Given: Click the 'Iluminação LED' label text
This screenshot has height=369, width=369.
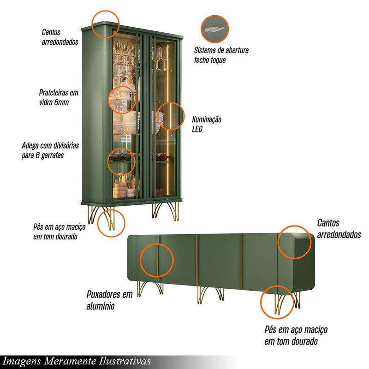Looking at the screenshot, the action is (207, 124).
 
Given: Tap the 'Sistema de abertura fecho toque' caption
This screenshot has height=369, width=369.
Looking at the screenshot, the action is (221, 55).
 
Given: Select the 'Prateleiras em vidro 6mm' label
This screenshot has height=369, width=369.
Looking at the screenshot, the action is (59, 97).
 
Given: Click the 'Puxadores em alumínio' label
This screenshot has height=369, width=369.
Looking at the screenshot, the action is (109, 300).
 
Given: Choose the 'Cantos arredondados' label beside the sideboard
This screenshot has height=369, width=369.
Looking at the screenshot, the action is (339, 228).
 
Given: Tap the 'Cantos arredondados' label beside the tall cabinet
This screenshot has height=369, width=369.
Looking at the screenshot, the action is (60, 37).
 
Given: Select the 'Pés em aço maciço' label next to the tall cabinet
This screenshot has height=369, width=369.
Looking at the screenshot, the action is (60, 232).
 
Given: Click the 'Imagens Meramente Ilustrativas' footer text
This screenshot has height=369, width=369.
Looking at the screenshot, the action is (77, 361).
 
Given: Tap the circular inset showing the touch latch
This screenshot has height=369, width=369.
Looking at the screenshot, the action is (214, 29).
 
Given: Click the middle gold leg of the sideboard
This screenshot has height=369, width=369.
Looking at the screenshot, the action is (210, 294).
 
